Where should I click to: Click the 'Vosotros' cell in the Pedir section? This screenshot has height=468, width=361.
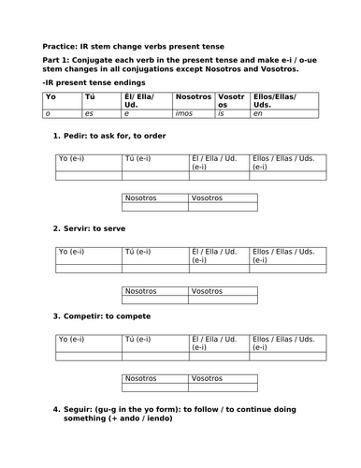click(x=209, y=198)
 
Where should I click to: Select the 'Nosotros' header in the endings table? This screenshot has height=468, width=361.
click(x=193, y=96)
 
